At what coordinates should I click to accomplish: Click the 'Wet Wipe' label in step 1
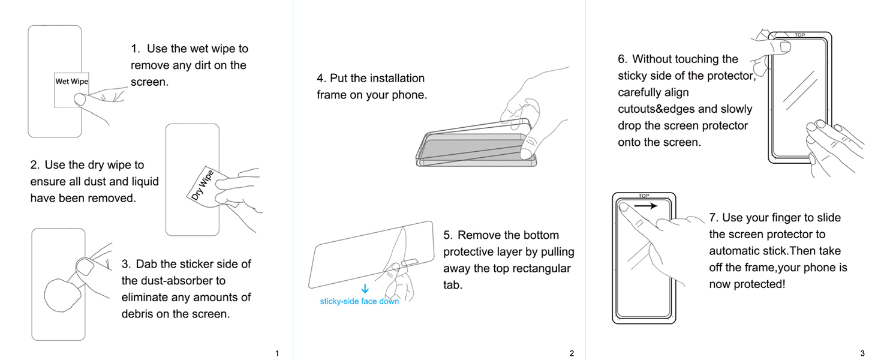pyautogui.click(x=72, y=82)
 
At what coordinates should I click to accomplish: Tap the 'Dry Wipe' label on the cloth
pyautogui.click(x=203, y=185)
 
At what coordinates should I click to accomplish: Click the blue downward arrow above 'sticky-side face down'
pyautogui.click(x=365, y=289)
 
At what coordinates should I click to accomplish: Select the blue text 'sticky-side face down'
pyautogui.click(x=359, y=301)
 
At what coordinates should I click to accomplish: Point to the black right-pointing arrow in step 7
pyautogui.click(x=645, y=206)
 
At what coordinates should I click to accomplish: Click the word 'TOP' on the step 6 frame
pyautogui.click(x=799, y=35)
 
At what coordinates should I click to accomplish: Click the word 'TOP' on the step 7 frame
pyautogui.click(x=644, y=196)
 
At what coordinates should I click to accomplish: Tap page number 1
pyautogui.click(x=277, y=353)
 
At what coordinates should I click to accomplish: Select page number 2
pyautogui.click(x=572, y=353)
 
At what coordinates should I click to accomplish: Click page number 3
pyautogui.click(x=862, y=353)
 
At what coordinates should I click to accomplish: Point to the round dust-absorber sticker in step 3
pyautogui.click(x=62, y=295)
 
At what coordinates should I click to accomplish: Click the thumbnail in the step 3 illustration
pyautogui.click(x=85, y=268)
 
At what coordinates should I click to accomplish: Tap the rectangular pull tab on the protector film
pyautogui.click(x=410, y=262)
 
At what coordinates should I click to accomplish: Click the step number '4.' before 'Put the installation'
pyautogui.click(x=321, y=78)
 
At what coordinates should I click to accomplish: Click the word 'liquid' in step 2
pyautogui.click(x=145, y=182)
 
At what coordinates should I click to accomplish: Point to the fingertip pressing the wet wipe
pyautogui.click(x=80, y=99)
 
